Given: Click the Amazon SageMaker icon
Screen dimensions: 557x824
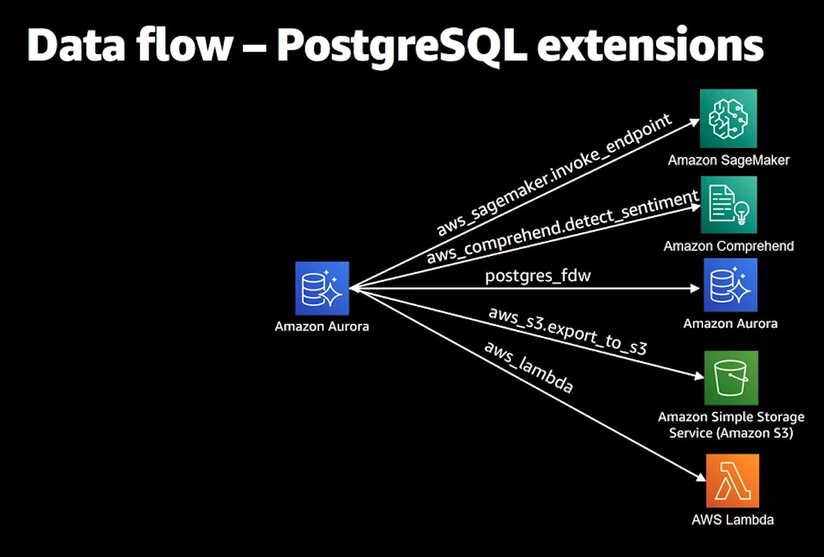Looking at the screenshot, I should click(727, 118).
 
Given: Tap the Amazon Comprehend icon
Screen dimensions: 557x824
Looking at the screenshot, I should click(727, 204).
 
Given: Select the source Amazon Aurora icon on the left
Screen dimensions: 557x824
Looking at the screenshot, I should click(322, 288).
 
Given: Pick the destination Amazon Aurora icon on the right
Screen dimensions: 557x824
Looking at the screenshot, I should click(730, 285).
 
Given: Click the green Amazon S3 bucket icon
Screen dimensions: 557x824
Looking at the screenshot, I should click(731, 378).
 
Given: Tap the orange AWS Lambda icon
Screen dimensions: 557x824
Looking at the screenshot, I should click(732, 480).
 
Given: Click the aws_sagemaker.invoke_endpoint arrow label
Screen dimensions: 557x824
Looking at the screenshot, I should click(554, 175).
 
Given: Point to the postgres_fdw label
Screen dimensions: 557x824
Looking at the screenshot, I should click(537, 275).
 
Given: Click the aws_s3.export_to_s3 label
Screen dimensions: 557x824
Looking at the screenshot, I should click(567, 331).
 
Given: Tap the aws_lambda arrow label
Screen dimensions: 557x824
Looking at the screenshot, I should click(528, 366).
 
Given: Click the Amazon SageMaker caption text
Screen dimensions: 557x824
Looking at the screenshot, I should click(728, 160).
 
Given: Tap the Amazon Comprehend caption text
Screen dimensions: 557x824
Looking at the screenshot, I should click(729, 246).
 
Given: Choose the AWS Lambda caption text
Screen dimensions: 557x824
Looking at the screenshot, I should click(732, 519).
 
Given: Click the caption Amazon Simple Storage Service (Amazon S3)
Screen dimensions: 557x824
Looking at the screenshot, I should click(731, 425).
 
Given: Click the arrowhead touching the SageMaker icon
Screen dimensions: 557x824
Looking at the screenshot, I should click(694, 122).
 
